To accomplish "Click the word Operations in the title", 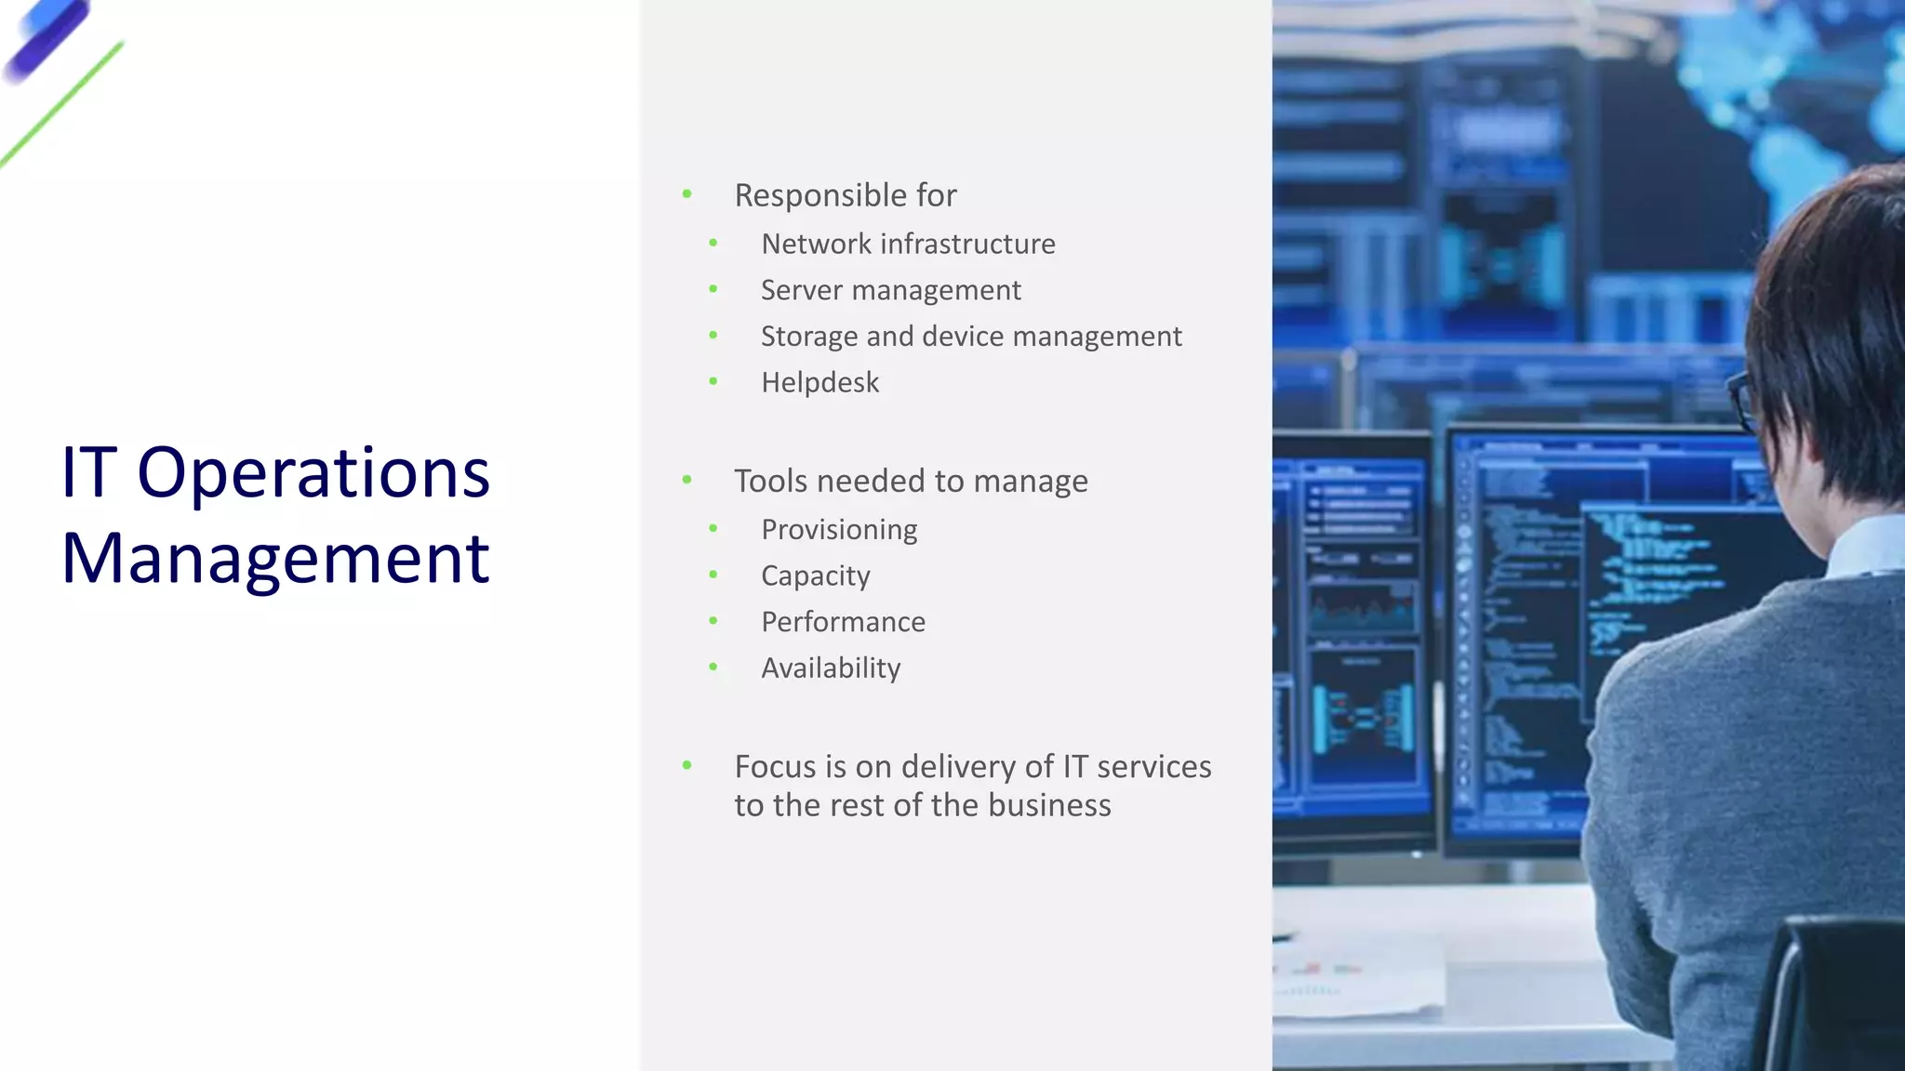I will (313, 473).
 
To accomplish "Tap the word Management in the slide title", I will (275, 559).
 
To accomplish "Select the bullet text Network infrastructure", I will (908, 244).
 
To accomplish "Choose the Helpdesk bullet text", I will (819, 382).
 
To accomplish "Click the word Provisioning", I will (839, 529).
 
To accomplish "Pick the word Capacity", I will (816, 575).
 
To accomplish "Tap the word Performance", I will (843, 622).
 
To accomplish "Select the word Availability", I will (831, 668).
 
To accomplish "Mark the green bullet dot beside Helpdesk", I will (713, 381).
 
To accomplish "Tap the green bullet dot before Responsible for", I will (686, 193).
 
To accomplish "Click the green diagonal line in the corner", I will (61, 104).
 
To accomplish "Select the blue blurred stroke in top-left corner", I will (47, 39).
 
